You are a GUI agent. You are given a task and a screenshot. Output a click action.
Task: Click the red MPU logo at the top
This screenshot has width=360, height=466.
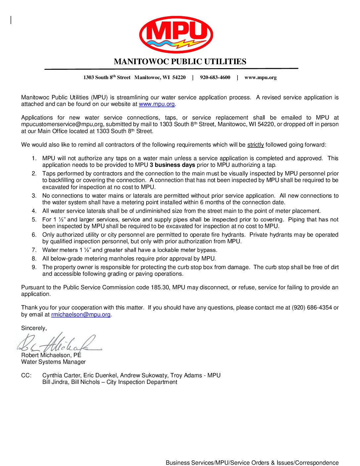(x=176, y=34)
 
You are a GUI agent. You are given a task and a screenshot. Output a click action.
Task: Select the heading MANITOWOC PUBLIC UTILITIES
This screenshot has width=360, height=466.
(x=180, y=62)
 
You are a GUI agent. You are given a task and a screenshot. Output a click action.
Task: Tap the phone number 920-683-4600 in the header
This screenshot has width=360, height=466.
(x=215, y=77)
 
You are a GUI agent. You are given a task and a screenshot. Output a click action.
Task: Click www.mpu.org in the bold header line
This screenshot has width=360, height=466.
(x=260, y=77)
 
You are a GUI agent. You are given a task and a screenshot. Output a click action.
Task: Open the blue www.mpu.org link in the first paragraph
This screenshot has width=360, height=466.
(x=157, y=104)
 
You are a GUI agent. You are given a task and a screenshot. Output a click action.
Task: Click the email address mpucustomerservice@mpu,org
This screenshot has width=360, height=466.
(x=63, y=124)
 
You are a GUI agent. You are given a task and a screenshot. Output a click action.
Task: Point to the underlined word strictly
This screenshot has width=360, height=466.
(x=255, y=145)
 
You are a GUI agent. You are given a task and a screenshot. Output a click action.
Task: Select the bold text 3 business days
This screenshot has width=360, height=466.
(x=172, y=165)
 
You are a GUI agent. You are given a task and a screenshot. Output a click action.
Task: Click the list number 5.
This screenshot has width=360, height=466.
(x=34, y=219)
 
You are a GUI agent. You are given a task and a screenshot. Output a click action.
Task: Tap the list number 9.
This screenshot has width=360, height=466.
(x=34, y=267)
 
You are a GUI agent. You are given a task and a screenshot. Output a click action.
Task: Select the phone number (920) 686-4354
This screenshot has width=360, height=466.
(x=312, y=308)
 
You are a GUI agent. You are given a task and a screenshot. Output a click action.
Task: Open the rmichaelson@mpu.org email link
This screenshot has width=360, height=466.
(x=81, y=314)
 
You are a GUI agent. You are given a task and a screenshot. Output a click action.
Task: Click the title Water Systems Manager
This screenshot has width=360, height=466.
(x=53, y=362)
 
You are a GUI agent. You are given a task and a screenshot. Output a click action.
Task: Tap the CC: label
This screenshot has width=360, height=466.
(x=26, y=375)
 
